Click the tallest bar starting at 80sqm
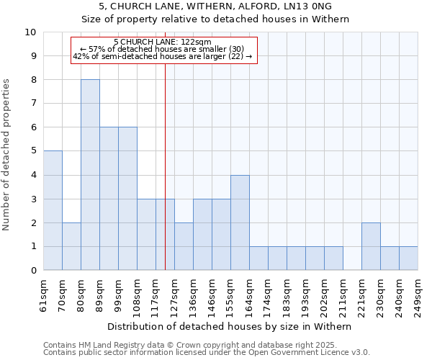click(x=90, y=175)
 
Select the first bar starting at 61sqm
click(x=53, y=210)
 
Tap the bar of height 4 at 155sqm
click(x=240, y=222)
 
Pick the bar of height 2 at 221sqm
click(x=371, y=246)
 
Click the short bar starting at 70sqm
click(x=71, y=246)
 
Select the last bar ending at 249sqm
click(x=408, y=258)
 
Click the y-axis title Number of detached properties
click(x=7, y=155)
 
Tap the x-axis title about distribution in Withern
click(x=230, y=326)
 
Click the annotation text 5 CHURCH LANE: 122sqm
click(x=163, y=42)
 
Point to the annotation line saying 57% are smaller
click(x=163, y=49)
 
